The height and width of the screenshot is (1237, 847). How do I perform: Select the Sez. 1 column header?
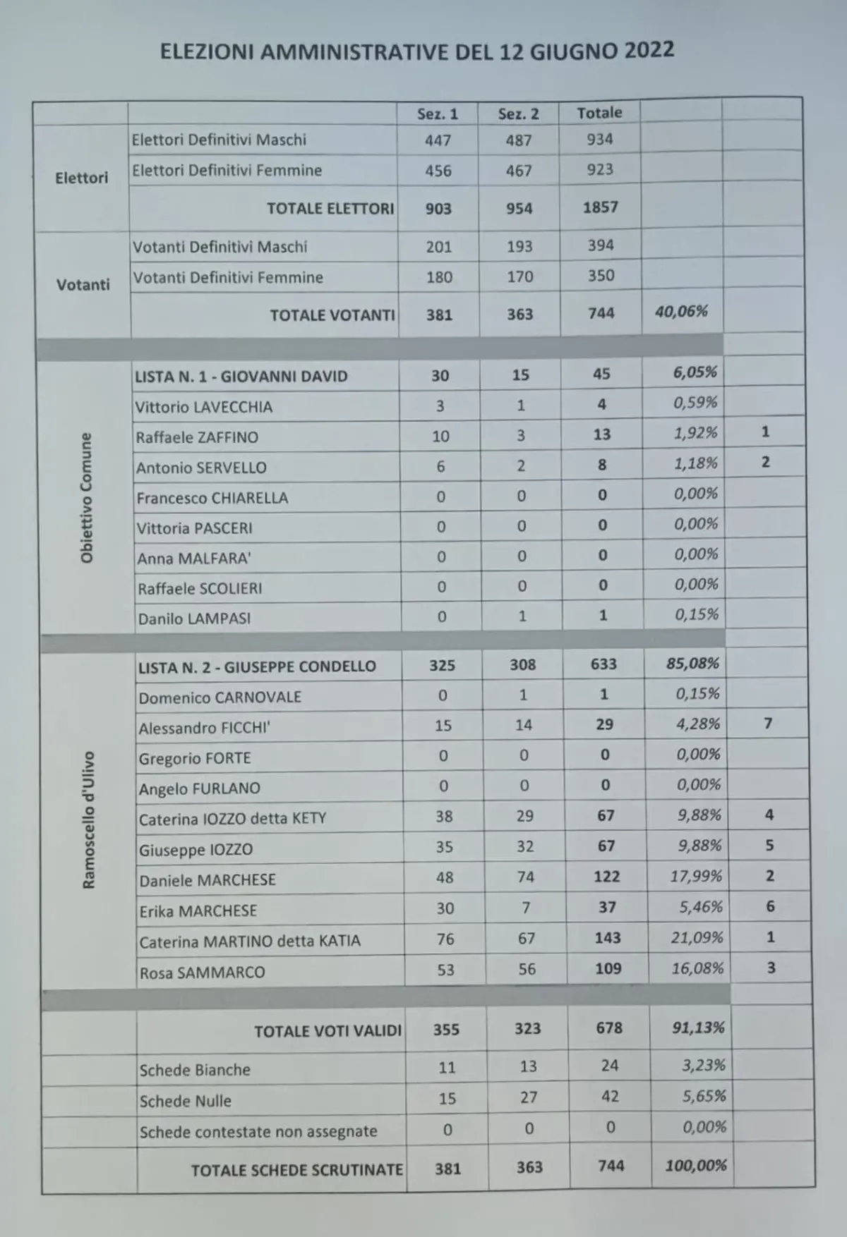(438, 114)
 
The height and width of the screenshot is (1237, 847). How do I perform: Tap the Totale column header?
(599, 113)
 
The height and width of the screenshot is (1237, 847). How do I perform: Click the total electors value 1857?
(600, 207)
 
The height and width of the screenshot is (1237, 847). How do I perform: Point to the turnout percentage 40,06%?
(681, 311)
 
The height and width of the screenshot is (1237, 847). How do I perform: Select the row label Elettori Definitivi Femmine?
(227, 171)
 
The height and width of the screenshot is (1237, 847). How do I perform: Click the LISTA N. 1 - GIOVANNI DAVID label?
(241, 377)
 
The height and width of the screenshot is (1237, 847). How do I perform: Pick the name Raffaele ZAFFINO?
(197, 437)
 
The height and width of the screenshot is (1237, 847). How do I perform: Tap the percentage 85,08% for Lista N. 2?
(692, 664)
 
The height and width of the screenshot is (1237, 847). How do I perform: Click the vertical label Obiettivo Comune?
(86, 498)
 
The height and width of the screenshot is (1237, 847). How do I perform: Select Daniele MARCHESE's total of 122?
(606, 877)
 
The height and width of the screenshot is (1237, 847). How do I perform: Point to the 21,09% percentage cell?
(697, 937)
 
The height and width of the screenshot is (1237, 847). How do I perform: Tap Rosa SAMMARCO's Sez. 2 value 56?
(527, 969)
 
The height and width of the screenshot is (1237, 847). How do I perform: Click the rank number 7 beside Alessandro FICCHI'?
(768, 723)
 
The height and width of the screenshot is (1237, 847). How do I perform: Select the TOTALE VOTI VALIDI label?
(328, 1031)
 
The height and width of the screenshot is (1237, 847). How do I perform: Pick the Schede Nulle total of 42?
(610, 1096)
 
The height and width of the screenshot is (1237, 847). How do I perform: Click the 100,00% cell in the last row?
(696, 1165)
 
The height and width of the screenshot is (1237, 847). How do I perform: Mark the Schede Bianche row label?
(195, 1070)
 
